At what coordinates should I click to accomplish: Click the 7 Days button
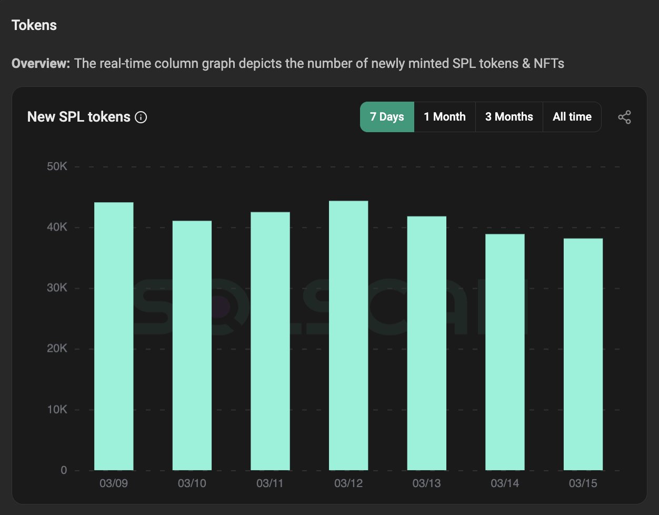387,117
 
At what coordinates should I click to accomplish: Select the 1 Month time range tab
445,117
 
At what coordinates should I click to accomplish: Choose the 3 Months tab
509,117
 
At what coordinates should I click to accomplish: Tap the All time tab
572,117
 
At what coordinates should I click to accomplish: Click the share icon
624,117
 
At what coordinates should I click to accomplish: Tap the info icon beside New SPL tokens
141,117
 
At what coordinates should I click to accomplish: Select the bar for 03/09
114,336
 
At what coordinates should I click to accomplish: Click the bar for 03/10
192,345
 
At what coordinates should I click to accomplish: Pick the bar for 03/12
348,335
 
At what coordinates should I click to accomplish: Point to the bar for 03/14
505,352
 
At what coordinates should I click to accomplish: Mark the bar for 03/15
583,354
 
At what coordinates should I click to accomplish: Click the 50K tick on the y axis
57,166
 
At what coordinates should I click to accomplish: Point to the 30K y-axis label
57,288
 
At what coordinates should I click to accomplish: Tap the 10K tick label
57,410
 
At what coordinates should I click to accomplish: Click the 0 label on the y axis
64,470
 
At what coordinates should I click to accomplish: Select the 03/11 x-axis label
270,483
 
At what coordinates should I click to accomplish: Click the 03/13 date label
426,483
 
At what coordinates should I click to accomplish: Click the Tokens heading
34,25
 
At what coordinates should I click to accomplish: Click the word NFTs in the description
549,63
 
